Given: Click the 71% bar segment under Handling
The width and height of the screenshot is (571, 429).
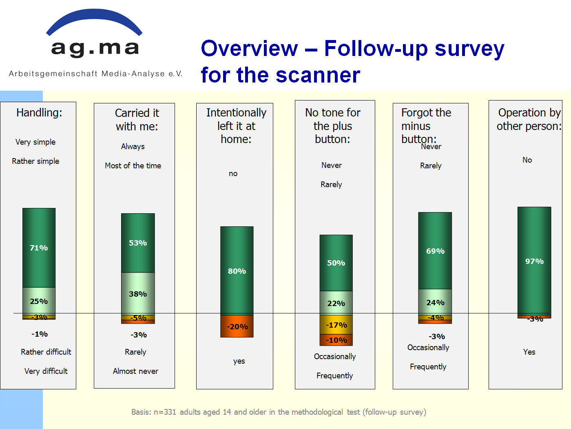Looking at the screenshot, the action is [39, 248].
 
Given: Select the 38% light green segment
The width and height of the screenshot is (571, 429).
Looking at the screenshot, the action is [138, 294].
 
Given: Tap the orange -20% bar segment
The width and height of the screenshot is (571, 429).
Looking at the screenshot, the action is [237, 326].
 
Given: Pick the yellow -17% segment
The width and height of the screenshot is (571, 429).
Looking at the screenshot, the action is [336, 325].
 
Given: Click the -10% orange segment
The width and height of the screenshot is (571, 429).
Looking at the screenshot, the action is [336, 340].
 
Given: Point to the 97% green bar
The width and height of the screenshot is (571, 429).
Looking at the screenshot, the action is [534, 261].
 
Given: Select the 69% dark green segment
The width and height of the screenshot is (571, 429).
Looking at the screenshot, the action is [435, 250].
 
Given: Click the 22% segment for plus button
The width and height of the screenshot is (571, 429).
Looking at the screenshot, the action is [336, 303].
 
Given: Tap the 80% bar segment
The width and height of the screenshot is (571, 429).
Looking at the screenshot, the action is [237, 271].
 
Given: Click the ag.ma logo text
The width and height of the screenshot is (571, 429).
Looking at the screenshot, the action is [95, 49].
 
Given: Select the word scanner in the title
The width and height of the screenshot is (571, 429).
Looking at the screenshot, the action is [318, 75].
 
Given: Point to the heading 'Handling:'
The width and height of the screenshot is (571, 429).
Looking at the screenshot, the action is [39, 112].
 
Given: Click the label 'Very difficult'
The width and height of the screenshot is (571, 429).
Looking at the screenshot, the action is [46, 371].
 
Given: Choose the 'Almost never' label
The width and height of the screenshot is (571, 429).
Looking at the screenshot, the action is [135, 371].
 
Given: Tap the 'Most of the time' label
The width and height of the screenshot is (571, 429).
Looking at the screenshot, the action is [133, 165].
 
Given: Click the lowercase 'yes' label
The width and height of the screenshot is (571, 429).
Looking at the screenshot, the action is [239, 361].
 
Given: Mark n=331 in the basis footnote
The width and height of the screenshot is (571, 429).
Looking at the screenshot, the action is [165, 412].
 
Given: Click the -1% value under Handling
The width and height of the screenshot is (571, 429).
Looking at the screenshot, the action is [40, 334].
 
